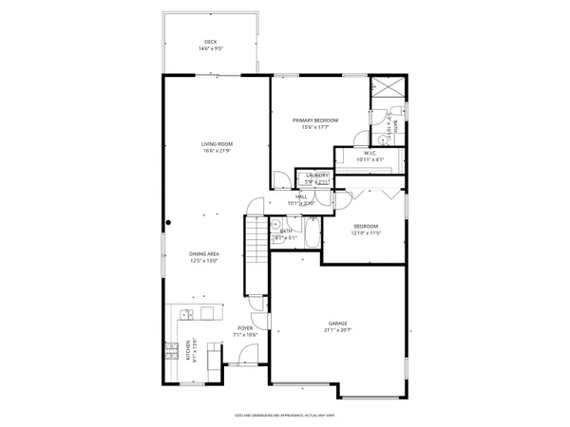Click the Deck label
pos(210,41)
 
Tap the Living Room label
pos(218,144)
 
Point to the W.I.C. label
pos(370,153)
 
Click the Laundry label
pos(316,176)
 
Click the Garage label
pos(339,325)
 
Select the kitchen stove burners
pos(171,350)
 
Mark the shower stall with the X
pos(387,86)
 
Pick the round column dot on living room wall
pos(169,224)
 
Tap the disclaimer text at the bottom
pos(285,414)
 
